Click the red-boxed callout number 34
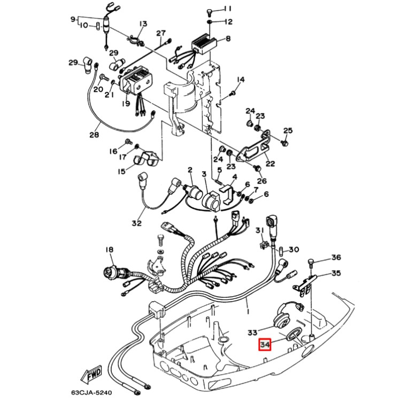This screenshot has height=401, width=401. pos(265,345)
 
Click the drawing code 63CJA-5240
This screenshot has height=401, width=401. pos(91,392)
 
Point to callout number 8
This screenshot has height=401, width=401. pos(228,39)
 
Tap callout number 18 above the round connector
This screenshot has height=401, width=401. pos(109,250)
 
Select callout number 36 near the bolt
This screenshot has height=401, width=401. pos(335,258)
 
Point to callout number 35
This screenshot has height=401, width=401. pos(335,273)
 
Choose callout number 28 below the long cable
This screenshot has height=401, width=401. pos(94,135)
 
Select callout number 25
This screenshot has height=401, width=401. pos(288,131)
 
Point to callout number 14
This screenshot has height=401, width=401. pos(241,80)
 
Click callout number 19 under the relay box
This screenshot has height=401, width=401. pos(125,104)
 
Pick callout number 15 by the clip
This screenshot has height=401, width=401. pos(122,171)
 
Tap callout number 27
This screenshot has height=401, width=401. pos(161,34)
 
